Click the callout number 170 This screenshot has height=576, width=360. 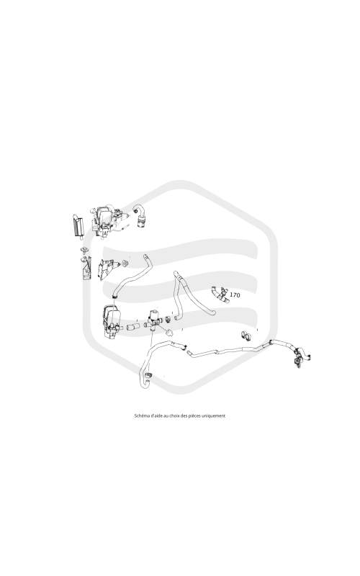235,294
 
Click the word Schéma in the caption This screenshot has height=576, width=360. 141,416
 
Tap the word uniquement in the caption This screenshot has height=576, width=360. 214,416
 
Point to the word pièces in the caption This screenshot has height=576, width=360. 195,416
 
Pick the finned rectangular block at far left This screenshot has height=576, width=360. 78,225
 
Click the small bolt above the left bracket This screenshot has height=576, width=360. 85,251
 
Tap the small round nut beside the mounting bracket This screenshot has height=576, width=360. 125,263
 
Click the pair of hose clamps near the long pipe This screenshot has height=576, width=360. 246,335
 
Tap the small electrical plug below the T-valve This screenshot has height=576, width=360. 169,333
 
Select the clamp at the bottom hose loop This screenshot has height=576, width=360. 149,375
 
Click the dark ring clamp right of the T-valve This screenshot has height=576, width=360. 168,318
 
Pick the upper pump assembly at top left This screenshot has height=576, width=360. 107,221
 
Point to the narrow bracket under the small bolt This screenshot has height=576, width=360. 86,268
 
